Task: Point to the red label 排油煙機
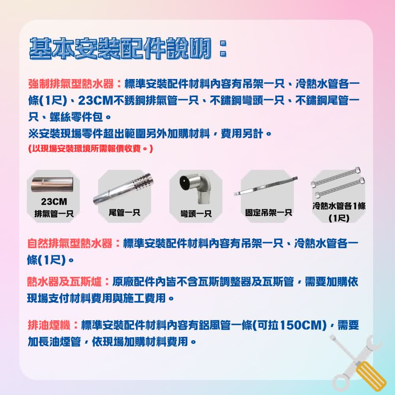[x=49, y=325]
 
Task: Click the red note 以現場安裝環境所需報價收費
[x=90, y=149]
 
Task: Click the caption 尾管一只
[x=124, y=213]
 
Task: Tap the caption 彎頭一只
[x=196, y=214]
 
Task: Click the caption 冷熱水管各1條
[x=338, y=206]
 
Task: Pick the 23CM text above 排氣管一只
[x=54, y=202]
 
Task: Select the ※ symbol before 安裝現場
[x=33, y=133]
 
